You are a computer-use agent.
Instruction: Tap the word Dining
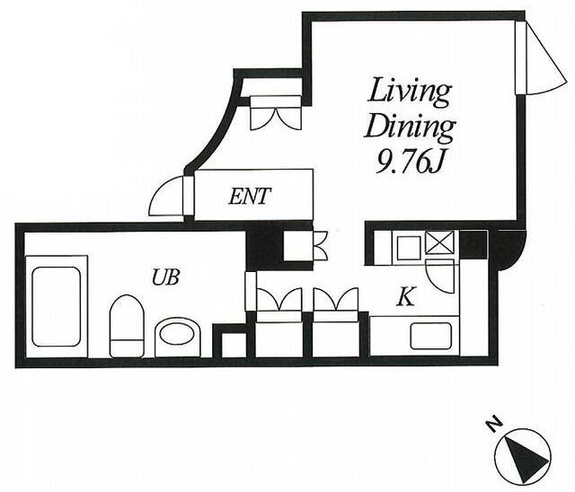click(410, 128)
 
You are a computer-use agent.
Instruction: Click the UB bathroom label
click(165, 277)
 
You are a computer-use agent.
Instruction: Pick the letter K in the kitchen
click(406, 296)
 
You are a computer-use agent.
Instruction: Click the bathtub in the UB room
click(56, 306)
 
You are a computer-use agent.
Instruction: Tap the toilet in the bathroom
click(127, 326)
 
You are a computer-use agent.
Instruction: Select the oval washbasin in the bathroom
click(178, 337)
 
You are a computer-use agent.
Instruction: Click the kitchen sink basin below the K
click(430, 336)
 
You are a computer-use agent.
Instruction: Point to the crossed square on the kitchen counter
click(439, 242)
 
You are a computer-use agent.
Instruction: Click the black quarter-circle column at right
click(510, 249)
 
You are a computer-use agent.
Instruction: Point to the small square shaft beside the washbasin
click(234, 345)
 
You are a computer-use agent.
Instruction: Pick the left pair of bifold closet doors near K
click(279, 299)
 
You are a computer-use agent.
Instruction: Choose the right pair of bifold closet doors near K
click(335, 299)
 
